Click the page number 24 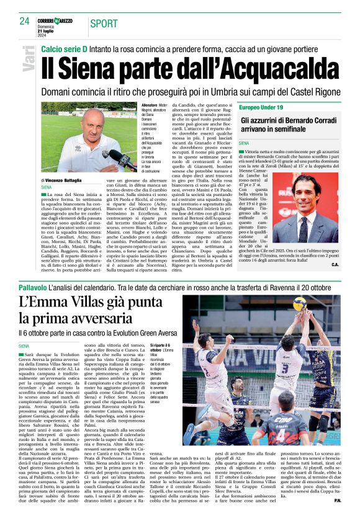(24, 21)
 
